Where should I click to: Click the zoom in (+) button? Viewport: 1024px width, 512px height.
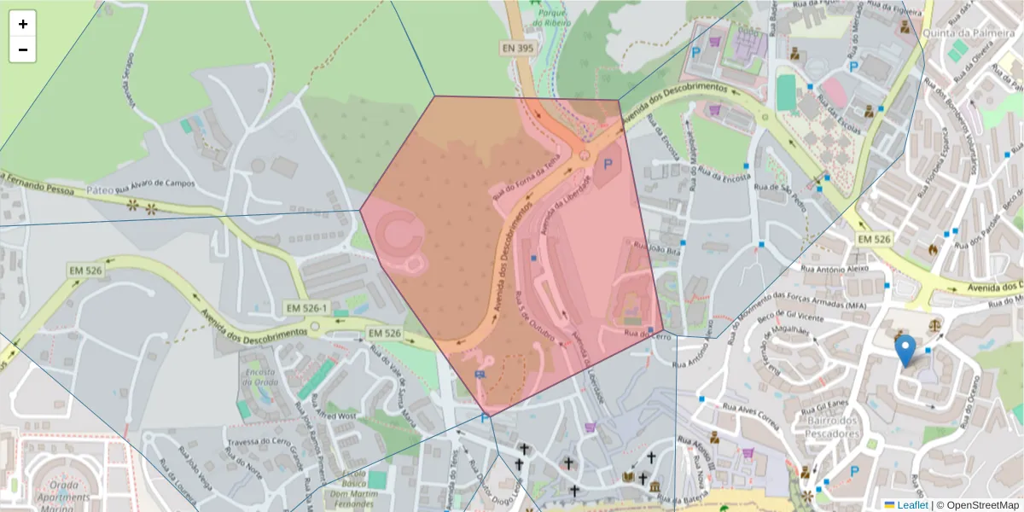pos(23,24)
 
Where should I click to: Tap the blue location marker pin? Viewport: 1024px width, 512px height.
pos(906,351)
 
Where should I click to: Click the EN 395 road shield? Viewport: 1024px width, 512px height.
pos(518,49)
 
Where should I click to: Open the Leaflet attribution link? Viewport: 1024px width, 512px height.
pos(911,505)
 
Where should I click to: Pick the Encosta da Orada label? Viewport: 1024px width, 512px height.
pos(259,376)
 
